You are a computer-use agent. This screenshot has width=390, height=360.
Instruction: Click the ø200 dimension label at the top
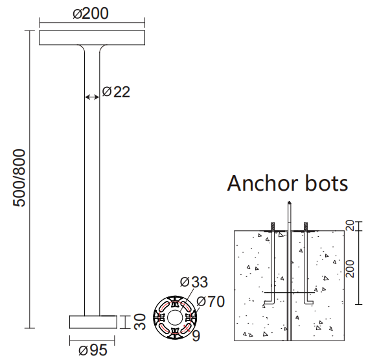tap(91, 14)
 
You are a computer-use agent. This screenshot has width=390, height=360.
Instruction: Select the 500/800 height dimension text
tap(19, 178)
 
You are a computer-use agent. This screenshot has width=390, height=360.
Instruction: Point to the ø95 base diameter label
tap(93, 350)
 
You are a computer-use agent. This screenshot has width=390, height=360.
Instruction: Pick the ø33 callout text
tap(194, 282)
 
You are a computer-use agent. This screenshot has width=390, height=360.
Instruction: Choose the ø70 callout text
tap(210, 301)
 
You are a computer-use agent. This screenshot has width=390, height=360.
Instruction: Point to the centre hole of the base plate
tap(174, 317)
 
